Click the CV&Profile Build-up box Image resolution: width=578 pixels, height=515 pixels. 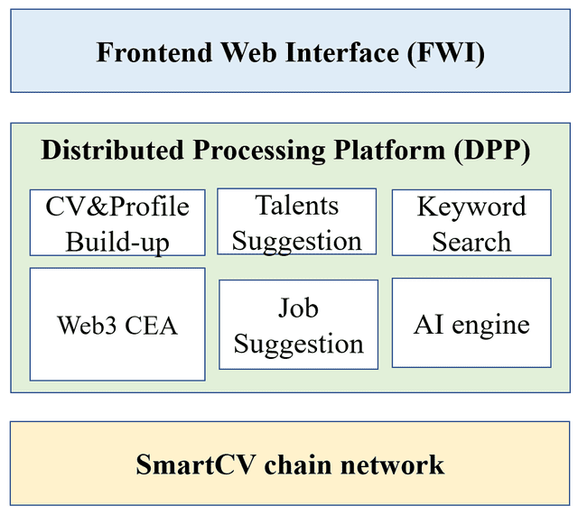click(117, 223)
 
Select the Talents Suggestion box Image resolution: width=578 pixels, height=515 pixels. click(297, 222)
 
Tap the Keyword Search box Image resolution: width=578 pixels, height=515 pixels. click(471, 223)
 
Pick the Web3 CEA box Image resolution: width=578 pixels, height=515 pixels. click(117, 324)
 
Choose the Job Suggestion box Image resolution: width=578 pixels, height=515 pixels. click(298, 325)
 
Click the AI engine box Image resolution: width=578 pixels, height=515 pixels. click(471, 323)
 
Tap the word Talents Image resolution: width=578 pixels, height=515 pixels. click(297, 206)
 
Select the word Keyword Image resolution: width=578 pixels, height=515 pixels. click(471, 207)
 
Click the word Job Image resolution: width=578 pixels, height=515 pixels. click(298, 308)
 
